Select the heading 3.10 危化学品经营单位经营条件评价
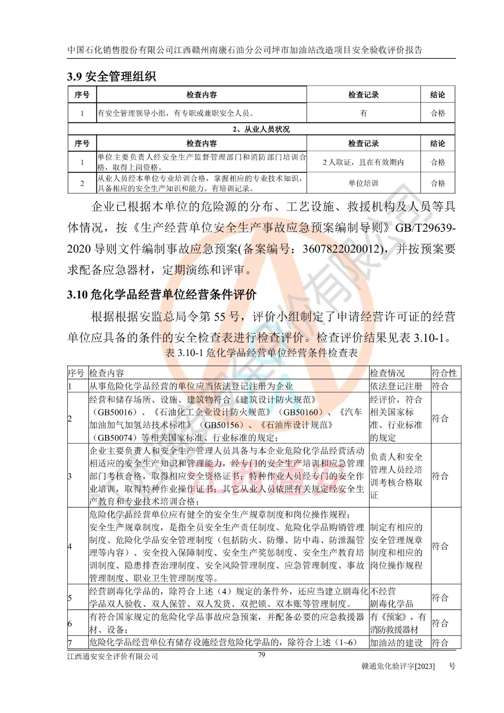pos(162,295)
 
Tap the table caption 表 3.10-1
pos(261,353)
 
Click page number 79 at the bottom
pos(262,655)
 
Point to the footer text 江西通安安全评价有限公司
pos(113,656)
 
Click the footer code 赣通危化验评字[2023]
pos(399,666)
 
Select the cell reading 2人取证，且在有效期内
pos(363,162)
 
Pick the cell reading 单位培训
pos(363,183)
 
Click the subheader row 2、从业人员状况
pos(261,129)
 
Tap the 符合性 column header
pos(444,373)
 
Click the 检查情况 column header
pos(387,373)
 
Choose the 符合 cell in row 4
pos(440,546)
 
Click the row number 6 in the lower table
pos(70,623)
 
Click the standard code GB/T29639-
pos(426,228)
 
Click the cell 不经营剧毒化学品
pos(392,598)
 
